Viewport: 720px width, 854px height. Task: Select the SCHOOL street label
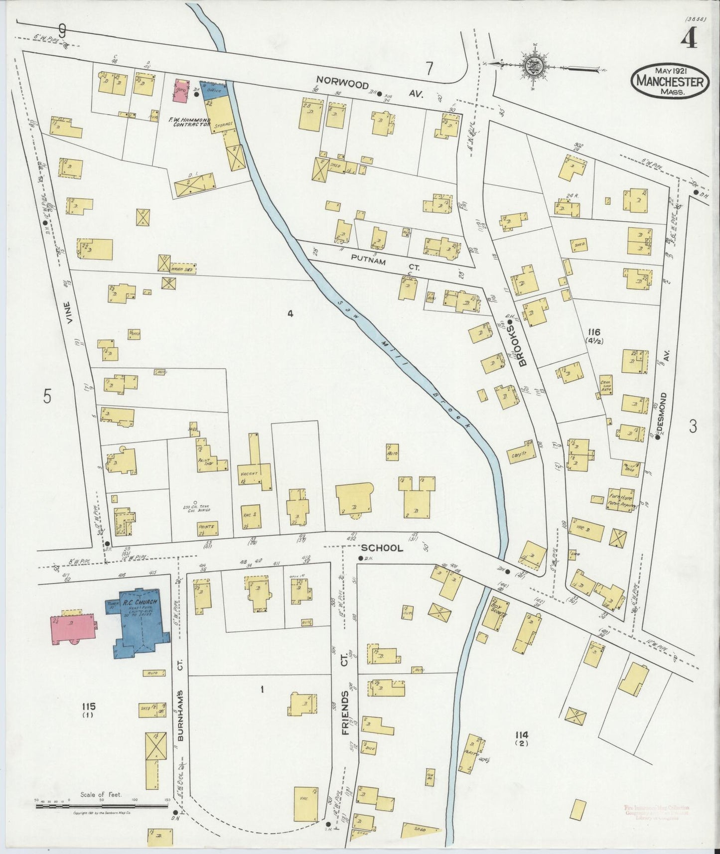[x=382, y=548]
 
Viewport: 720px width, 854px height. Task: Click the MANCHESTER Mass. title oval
[x=670, y=81]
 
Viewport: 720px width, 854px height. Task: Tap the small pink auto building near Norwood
[x=180, y=91]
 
